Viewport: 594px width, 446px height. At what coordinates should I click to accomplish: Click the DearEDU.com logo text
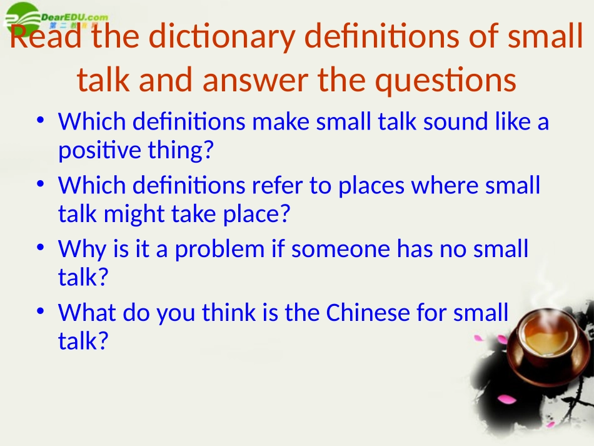click(74, 17)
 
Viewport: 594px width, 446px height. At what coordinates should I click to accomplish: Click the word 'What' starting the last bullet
click(86, 313)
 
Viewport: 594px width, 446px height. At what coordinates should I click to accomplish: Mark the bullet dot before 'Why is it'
click(40, 249)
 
